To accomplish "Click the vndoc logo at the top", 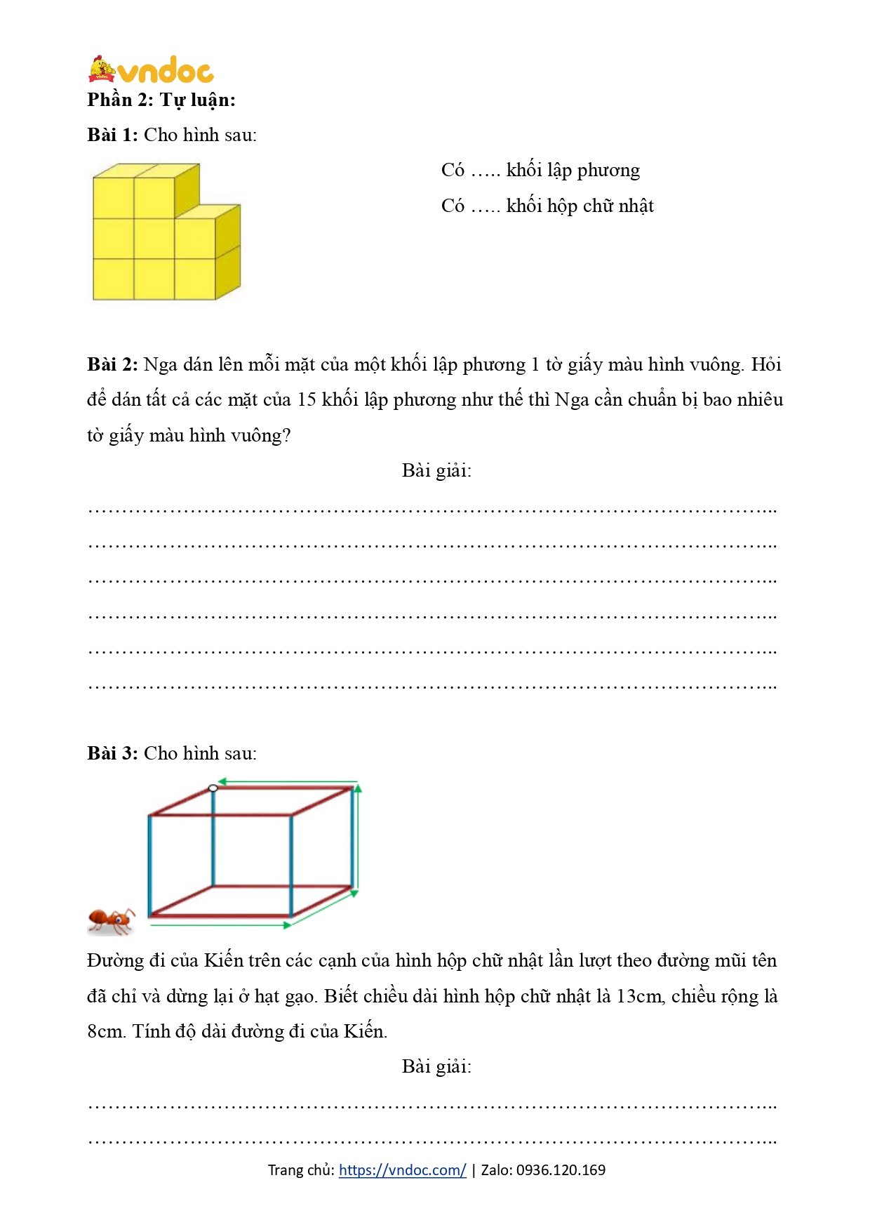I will pos(151,69).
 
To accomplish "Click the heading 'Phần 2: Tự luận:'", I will pos(161,100).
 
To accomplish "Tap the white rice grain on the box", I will pos(213,788).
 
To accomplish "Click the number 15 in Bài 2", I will pos(307,399).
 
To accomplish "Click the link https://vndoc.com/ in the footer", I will pos(402,1170).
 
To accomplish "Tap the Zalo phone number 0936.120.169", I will pos(561,1170).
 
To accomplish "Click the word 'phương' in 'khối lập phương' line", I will pos(608,170).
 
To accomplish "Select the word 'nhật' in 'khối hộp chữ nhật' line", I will pos(636,206).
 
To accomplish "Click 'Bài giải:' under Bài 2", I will pos(436,470).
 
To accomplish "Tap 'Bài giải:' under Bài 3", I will pos(436,1066).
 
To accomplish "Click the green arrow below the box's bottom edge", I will pos(221,925).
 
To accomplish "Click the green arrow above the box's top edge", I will pos(288,781).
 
